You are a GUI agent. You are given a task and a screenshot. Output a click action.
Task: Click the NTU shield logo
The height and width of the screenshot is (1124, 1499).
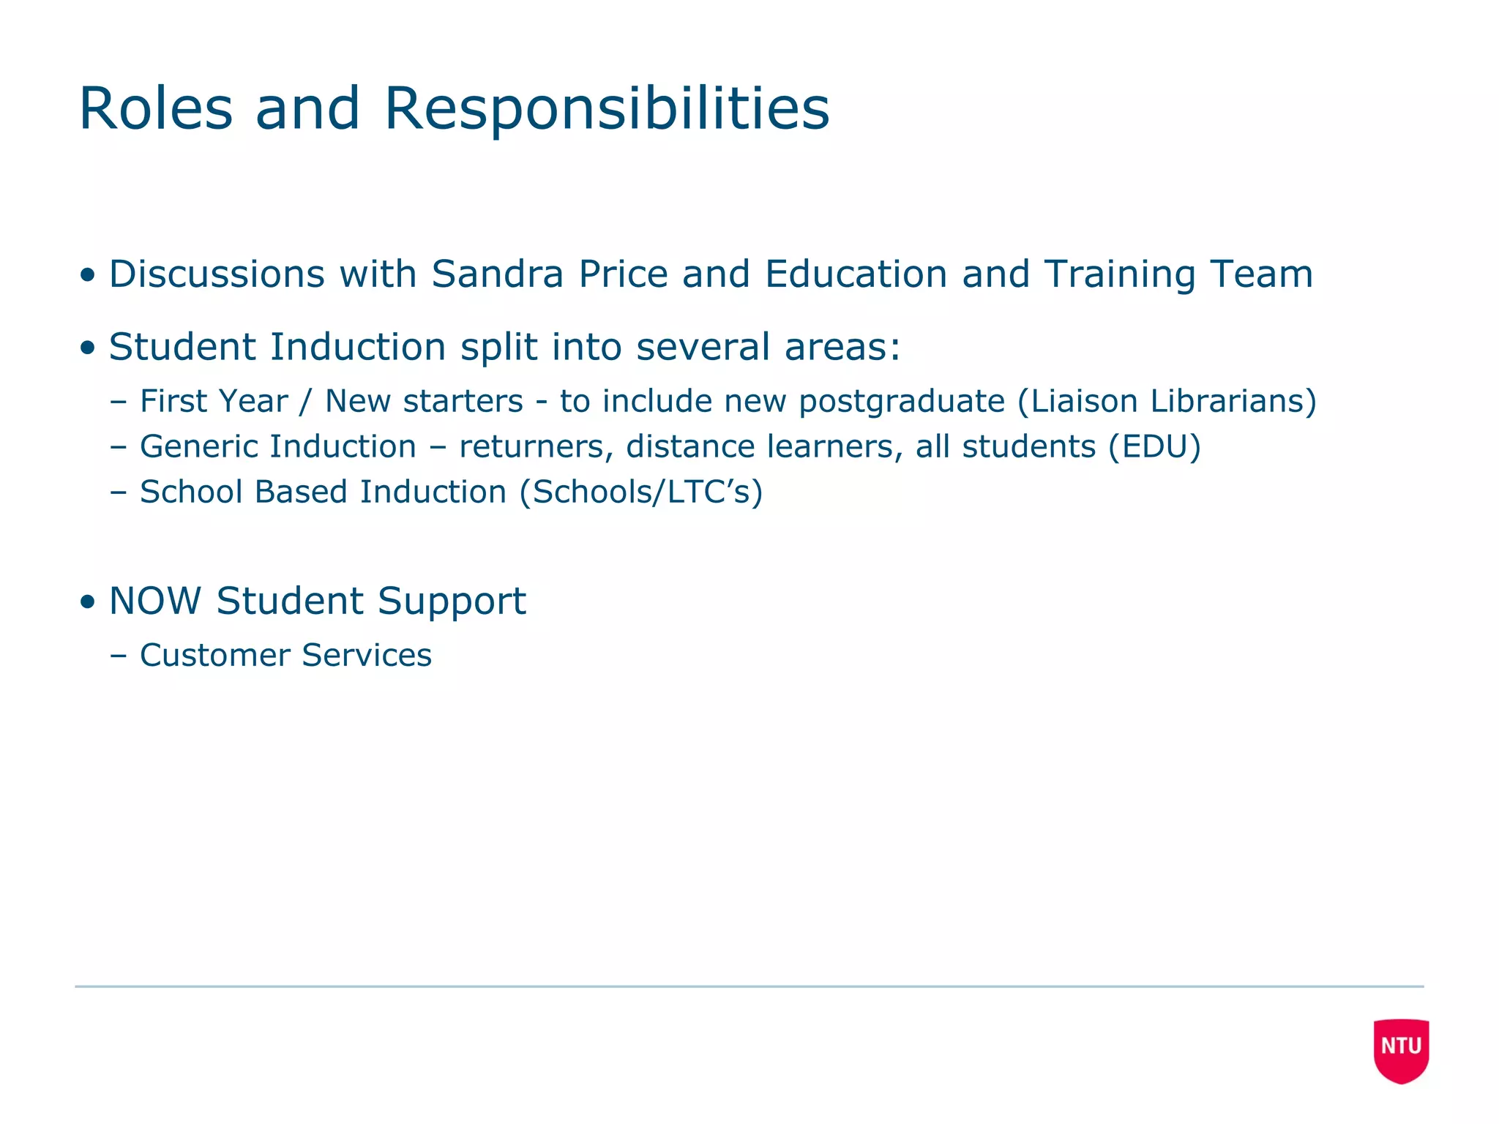pos(1401,1049)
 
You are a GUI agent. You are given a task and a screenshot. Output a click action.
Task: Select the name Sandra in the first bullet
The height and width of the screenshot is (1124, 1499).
pos(497,274)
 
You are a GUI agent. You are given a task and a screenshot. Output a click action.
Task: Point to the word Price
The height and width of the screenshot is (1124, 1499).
pos(623,274)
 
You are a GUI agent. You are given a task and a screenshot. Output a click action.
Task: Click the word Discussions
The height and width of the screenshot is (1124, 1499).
pos(217,274)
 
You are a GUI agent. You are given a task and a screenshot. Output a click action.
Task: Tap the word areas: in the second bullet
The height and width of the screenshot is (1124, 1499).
pos(842,347)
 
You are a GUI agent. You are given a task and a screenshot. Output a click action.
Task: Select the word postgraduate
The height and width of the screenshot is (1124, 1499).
pos(902,402)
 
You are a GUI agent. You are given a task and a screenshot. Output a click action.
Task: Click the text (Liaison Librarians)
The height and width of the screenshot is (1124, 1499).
pos(1167,401)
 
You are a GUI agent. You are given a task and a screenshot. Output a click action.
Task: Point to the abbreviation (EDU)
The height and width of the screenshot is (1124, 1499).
pos(1154,446)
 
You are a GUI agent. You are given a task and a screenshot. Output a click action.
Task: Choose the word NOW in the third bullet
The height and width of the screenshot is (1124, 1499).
pos(155,601)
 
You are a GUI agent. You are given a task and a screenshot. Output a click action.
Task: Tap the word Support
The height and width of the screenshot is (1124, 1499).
pos(452,602)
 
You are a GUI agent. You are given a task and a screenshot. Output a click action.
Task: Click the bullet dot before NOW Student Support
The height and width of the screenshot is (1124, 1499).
pos(89,602)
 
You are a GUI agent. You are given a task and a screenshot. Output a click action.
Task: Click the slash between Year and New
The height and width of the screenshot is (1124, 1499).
pos(306,401)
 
